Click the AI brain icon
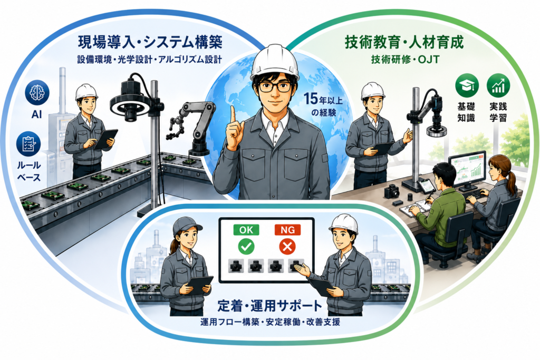(37, 92)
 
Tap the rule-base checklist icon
(28, 144)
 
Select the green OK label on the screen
(246, 230)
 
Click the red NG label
(287, 230)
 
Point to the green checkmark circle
(247, 247)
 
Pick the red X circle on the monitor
(287, 247)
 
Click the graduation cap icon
(467, 86)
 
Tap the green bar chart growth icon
(498, 86)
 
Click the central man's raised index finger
(233, 116)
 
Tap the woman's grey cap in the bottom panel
(186, 226)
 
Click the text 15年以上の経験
(323, 105)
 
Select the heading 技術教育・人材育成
(404, 42)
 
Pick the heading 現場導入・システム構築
(150, 42)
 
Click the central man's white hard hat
(274, 62)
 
